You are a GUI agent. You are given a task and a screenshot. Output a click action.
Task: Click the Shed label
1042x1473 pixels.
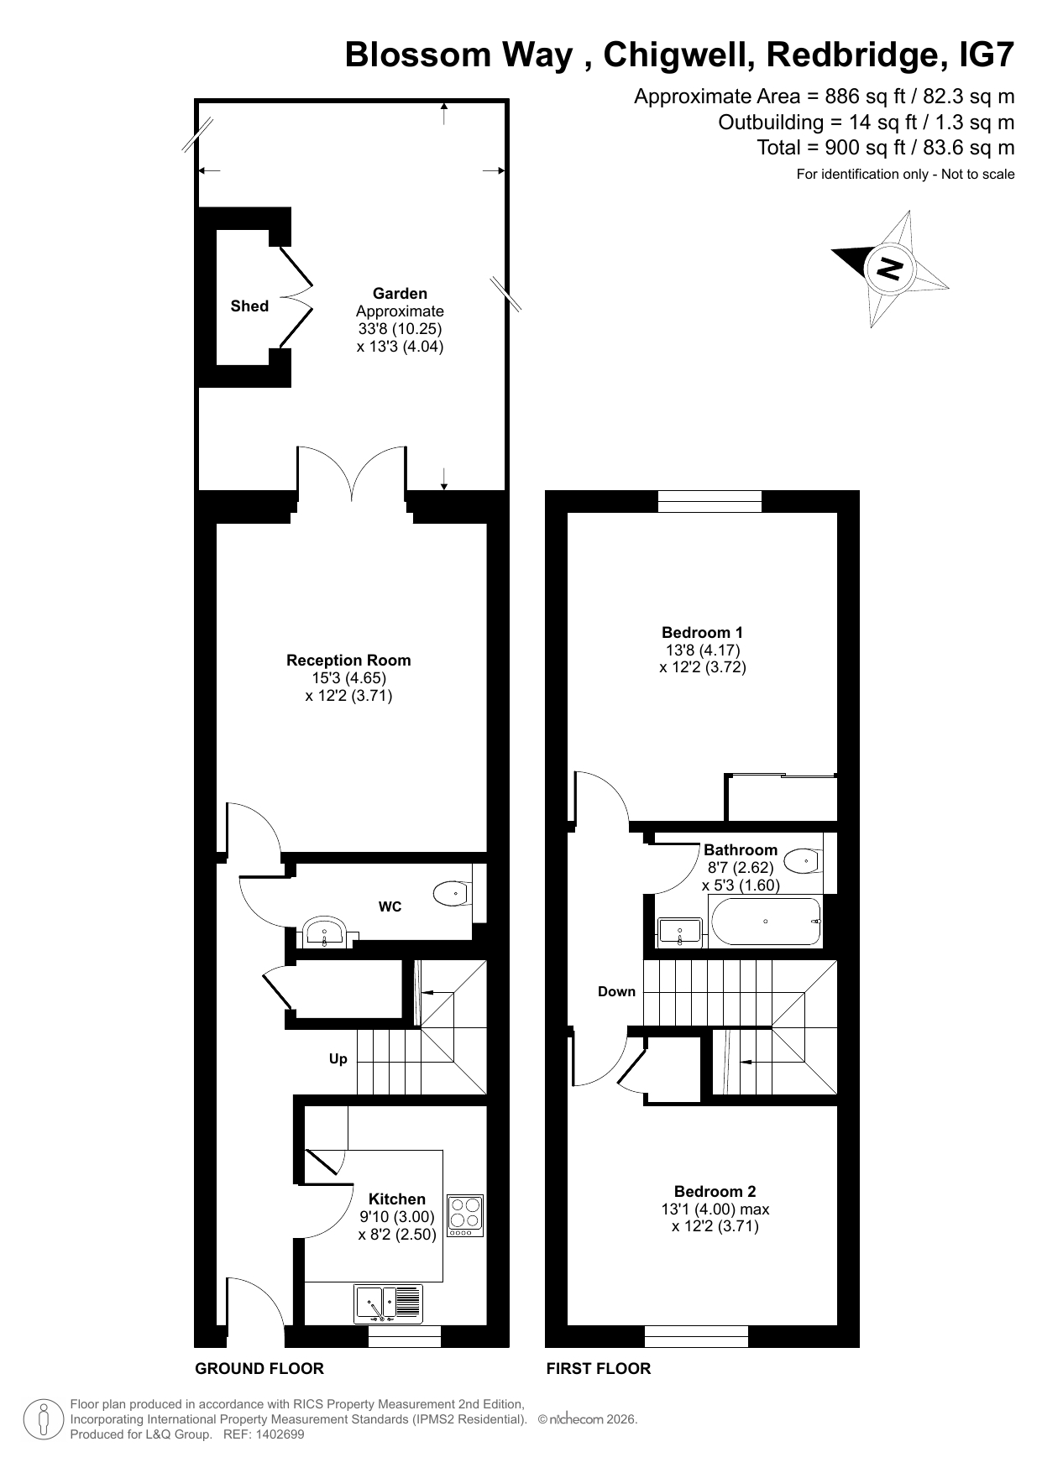pyautogui.click(x=249, y=306)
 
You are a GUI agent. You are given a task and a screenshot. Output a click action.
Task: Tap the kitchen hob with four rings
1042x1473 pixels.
pyautogui.click(x=465, y=1215)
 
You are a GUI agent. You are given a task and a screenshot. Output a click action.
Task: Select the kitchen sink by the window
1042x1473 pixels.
pyautogui.click(x=389, y=1304)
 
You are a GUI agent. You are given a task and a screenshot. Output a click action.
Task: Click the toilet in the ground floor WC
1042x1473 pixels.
pyautogui.click(x=454, y=894)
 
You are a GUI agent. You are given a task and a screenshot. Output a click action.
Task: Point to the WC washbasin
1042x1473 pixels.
pyautogui.click(x=325, y=932)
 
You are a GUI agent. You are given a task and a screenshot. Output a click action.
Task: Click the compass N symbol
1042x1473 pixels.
pyautogui.click(x=889, y=268)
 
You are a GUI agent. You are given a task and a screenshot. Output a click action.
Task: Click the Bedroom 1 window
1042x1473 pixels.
pyautogui.click(x=710, y=501)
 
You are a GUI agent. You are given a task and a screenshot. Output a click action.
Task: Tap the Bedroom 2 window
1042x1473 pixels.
pyautogui.click(x=696, y=1335)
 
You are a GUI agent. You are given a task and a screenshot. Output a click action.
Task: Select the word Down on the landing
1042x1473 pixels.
pyautogui.click(x=616, y=991)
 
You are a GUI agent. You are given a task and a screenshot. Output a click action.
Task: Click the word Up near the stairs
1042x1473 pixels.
pyautogui.click(x=338, y=1059)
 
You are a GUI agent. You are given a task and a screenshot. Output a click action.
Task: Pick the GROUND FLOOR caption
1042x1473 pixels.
pyautogui.click(x=259, y=1368)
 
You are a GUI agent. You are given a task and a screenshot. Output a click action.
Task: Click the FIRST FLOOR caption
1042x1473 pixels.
pyautogui.click(x=599, y=1368)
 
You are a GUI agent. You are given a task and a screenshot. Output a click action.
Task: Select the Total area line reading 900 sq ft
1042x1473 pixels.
pyautogui.click(x=886, y=148)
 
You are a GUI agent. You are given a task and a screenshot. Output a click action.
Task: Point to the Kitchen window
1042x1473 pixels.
pyautogui.click(x=405, y=1335)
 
